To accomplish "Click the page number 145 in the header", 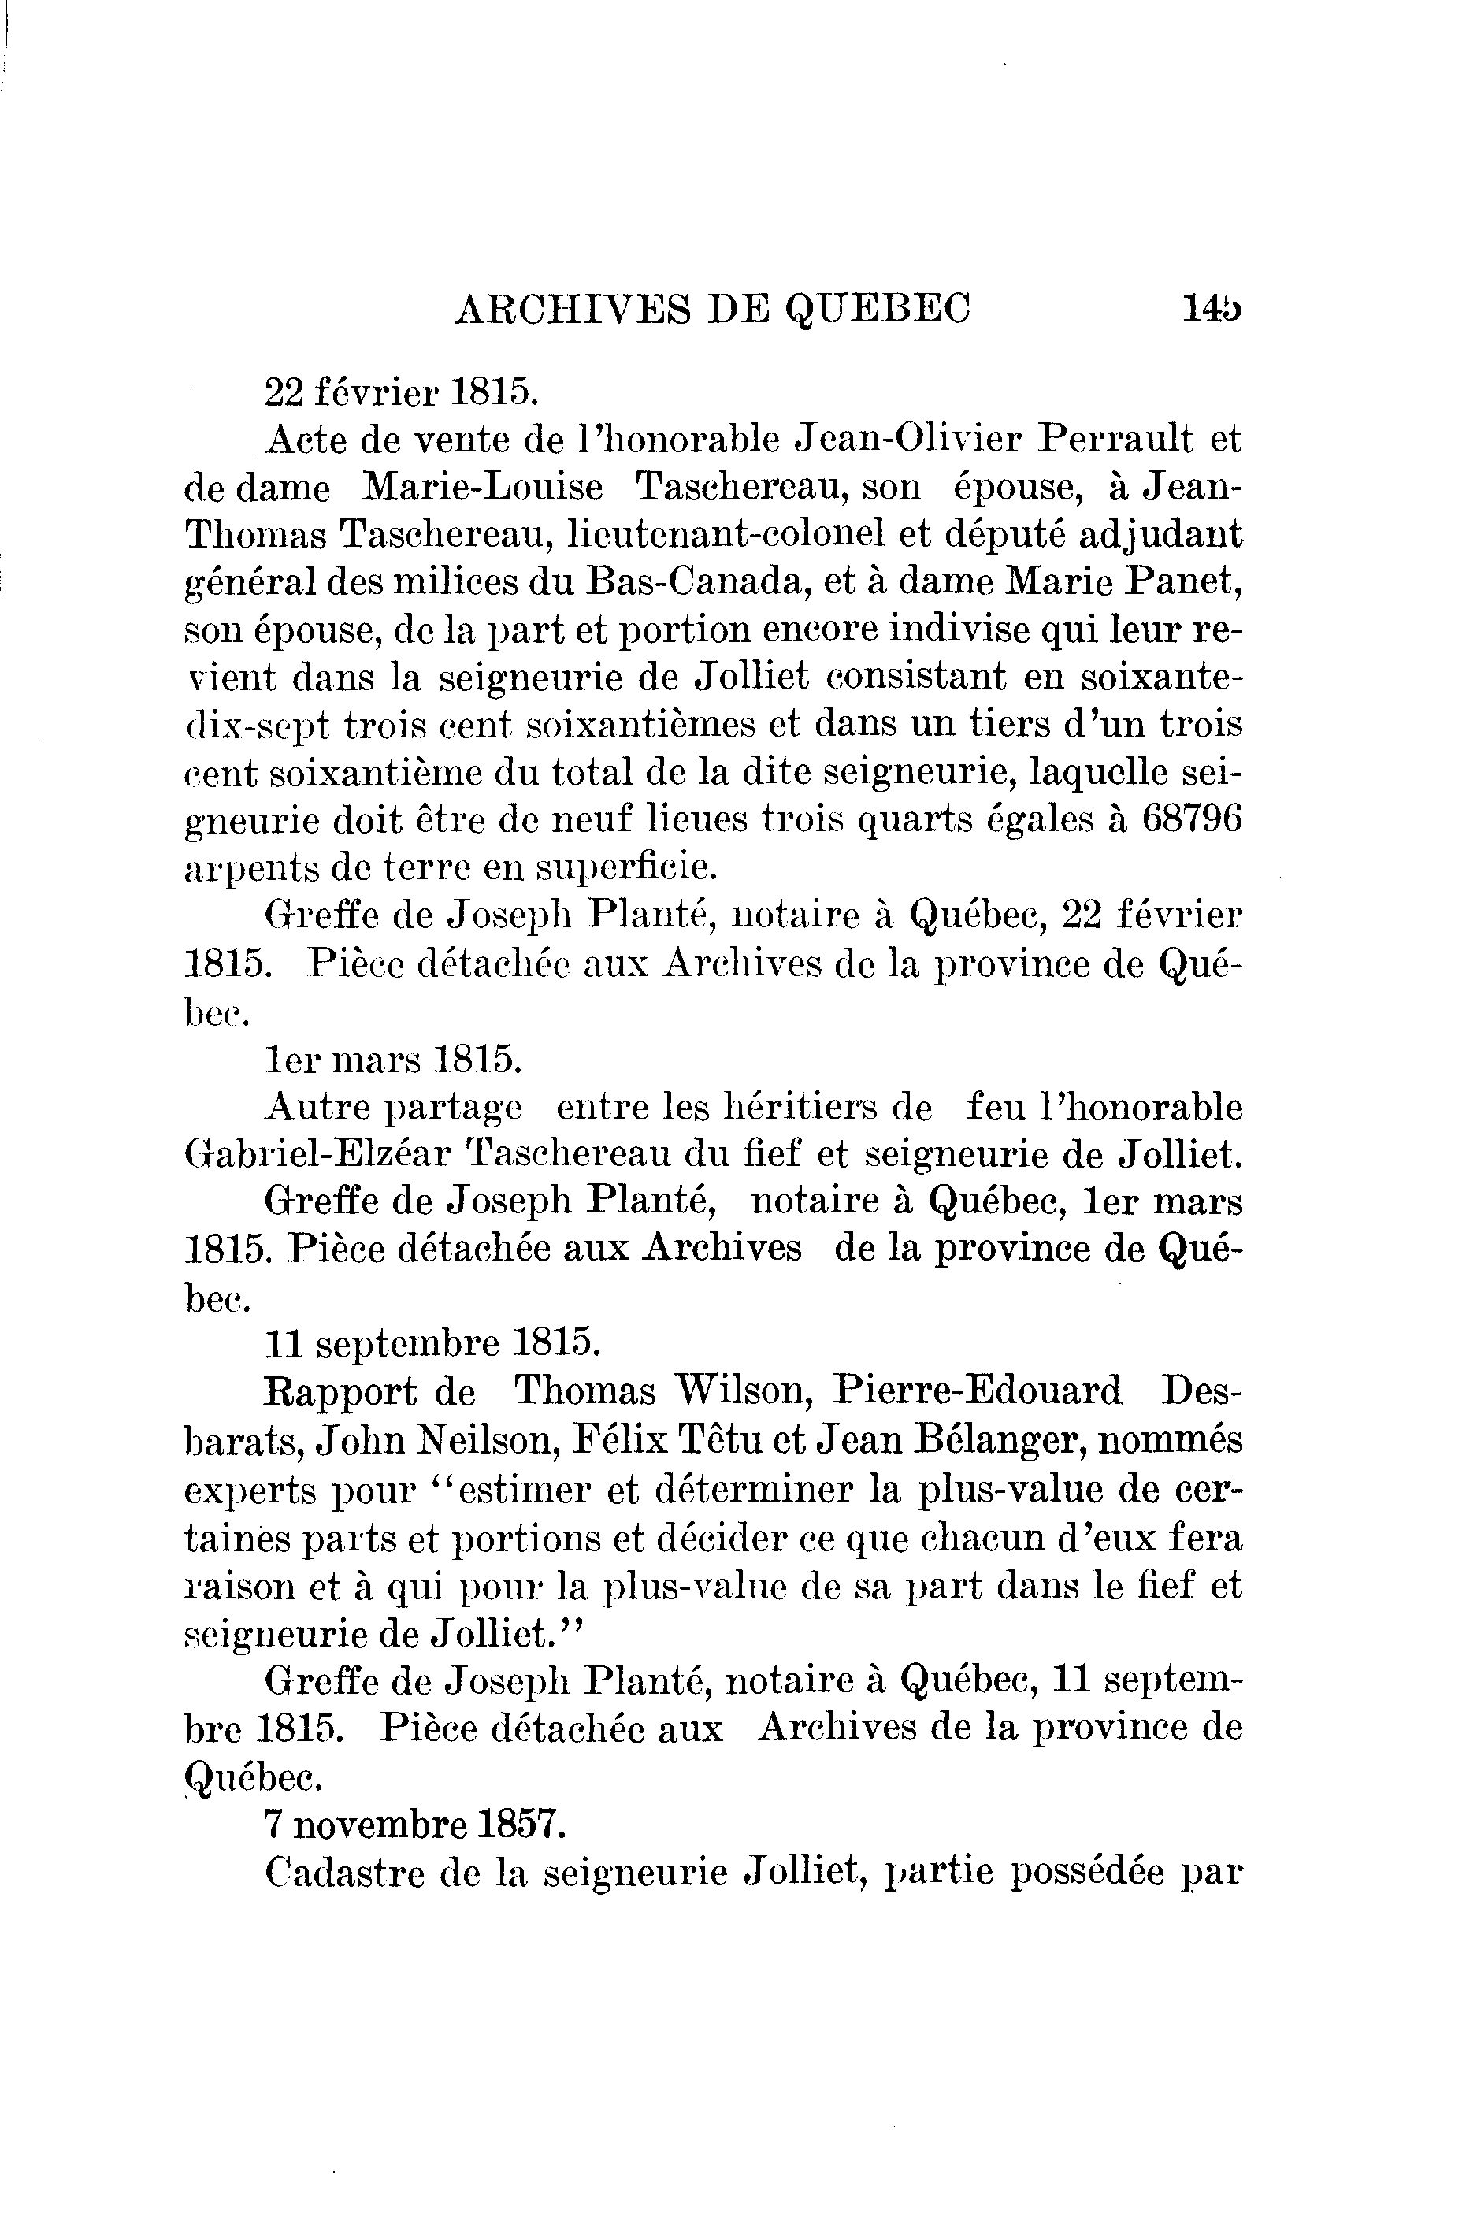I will click(x=1212, y=308).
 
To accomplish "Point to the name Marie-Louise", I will click(x=483, y=487).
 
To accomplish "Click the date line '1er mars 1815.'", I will click(x=394, y=1060).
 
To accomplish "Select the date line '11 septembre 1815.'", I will click(x=432, y=1344).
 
